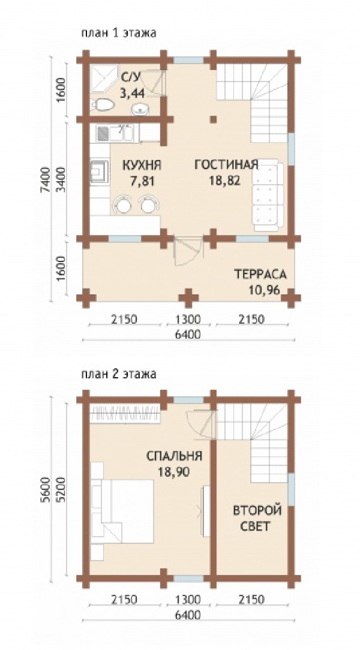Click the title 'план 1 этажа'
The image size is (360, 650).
pyautogui.click(x=119, y=33)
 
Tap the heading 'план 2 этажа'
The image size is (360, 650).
pyautogui.click(x=119, y=374)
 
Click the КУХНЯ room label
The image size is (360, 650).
pyautogui.click(x=142, y=165)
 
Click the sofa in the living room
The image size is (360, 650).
pyautogui.click(x=268, y=195)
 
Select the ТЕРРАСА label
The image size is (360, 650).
pyautogui.click(x=260, y=274)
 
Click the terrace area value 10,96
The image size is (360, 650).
pyautogui.click(x=264, y=290)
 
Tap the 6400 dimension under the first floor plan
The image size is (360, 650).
pyautogui.click(x=188, y=334)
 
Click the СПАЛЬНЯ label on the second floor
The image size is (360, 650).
pyautogui.click(x=174, y=456)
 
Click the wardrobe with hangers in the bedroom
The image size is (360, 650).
pyautogui.click(x=125, y=414)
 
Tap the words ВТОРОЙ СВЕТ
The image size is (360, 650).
pyautogui.click(x=251, y=517)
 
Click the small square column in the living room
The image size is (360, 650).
pyautogui.click(x=213, y=119)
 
